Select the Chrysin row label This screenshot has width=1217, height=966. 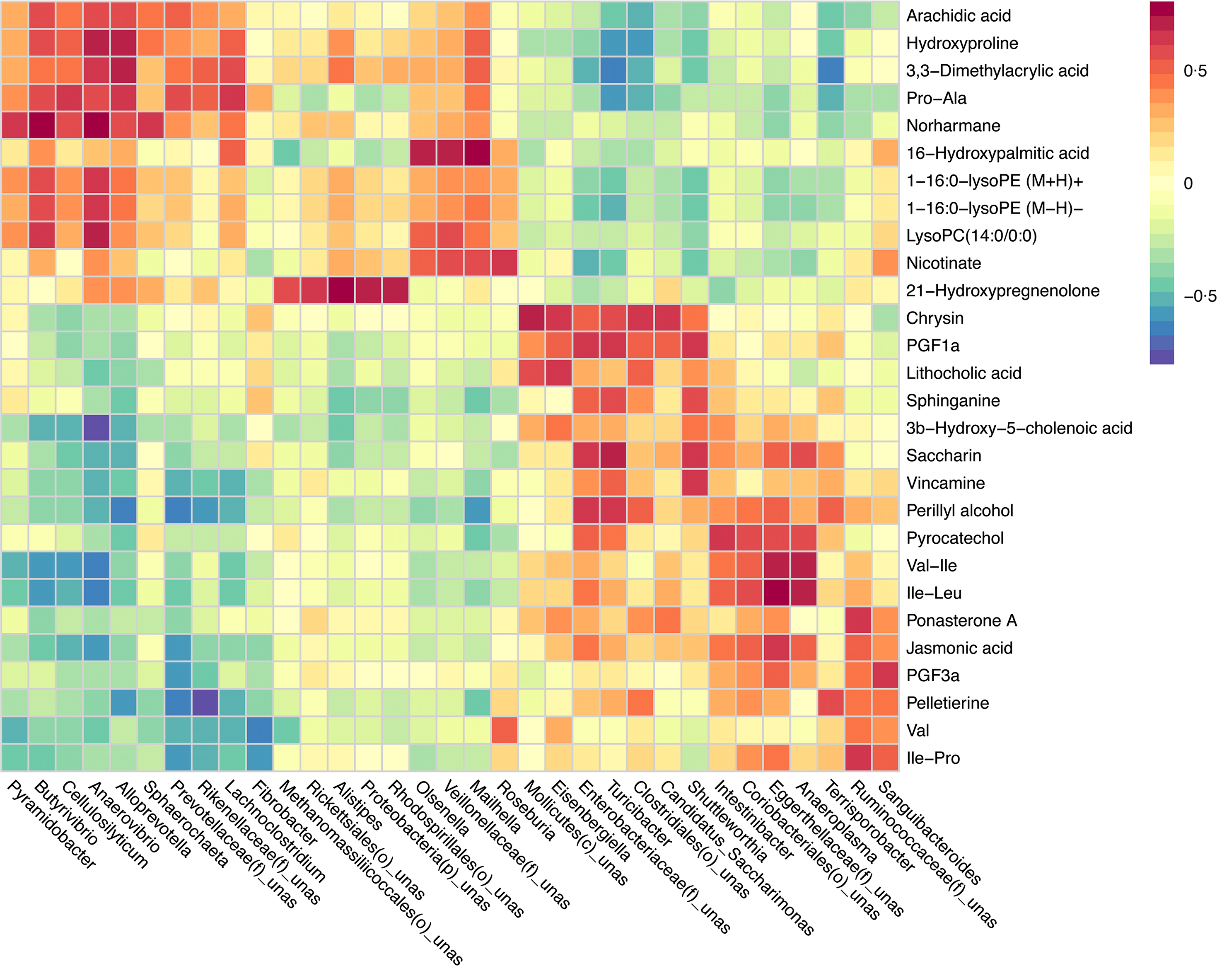tap(935, 318)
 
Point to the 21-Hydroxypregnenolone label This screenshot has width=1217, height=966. tap(1002, 291)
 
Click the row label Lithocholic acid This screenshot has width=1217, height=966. tap(963, 373)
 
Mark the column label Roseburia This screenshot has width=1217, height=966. tap(526, 811)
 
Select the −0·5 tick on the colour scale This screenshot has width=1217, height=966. tap(1200, 296)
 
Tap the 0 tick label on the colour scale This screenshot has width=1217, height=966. tap(1188, 184)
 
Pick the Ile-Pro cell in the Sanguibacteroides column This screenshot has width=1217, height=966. tap(885, 758)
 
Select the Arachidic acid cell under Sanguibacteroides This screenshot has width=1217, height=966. tap(885, 15)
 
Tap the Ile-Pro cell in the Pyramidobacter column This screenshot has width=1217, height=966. tap(14, 758)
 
